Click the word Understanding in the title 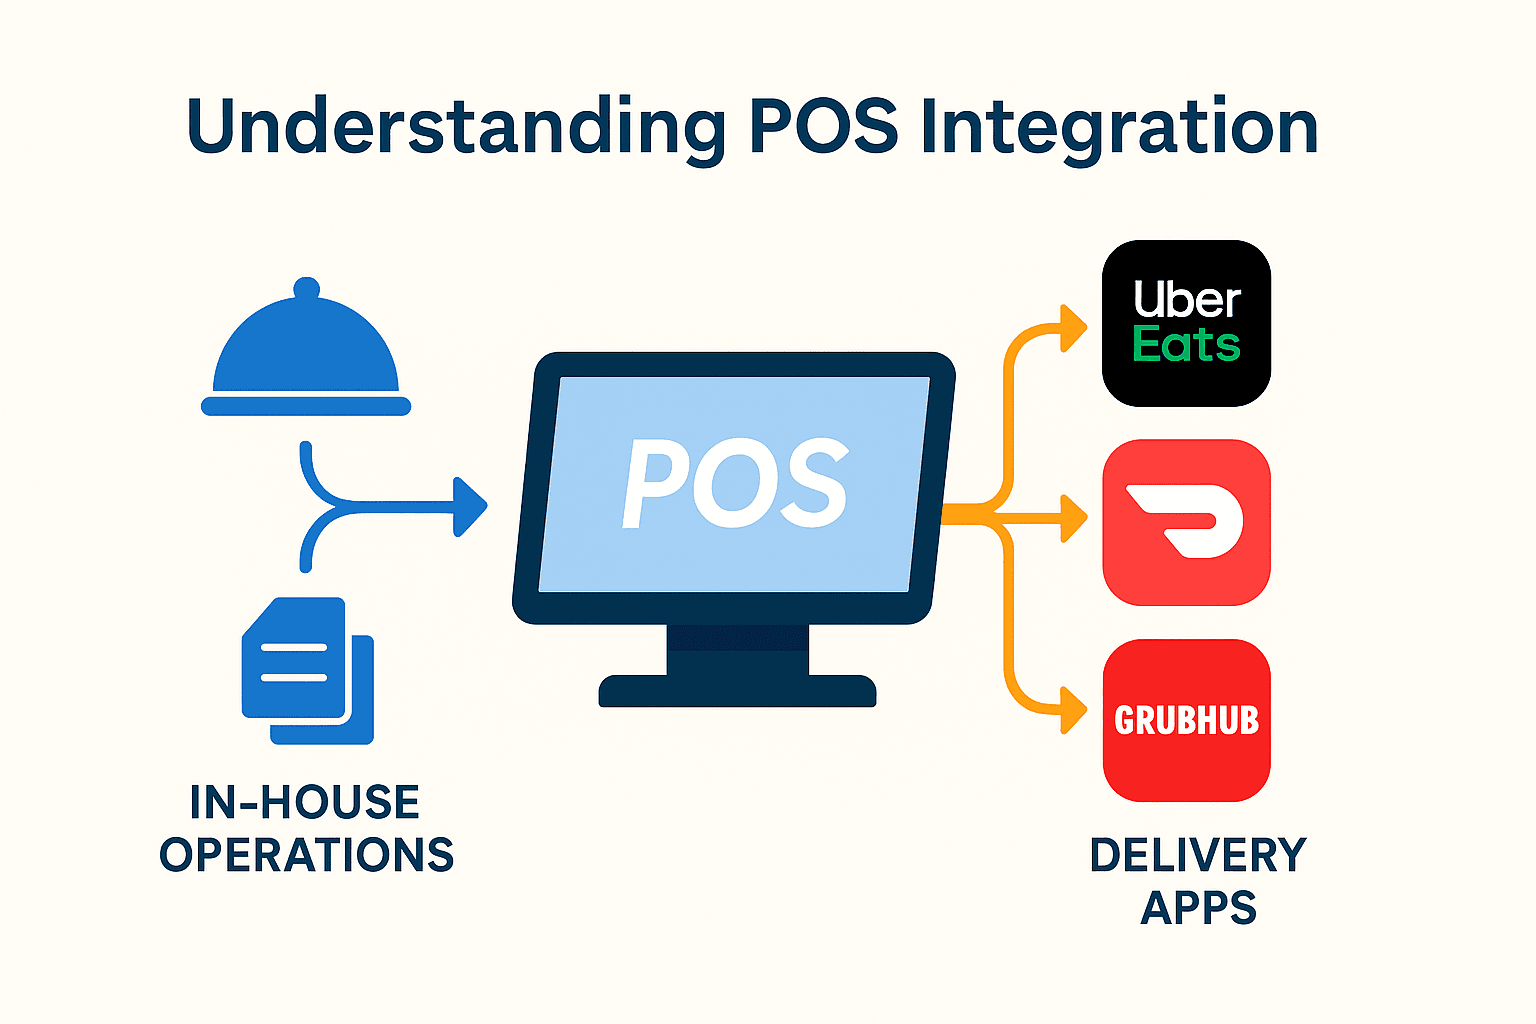455,128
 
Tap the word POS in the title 822,126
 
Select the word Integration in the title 1118,128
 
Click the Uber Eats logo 1186,322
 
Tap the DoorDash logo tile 1186,522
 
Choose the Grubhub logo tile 1186,720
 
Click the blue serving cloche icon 306,350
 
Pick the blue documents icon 308,670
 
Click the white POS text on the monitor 735,484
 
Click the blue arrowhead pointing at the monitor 470,507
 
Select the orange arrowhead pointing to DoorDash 1074,518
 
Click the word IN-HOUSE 305,802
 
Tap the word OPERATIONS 307,855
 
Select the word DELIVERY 1198,855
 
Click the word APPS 1198,908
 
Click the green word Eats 1186,345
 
